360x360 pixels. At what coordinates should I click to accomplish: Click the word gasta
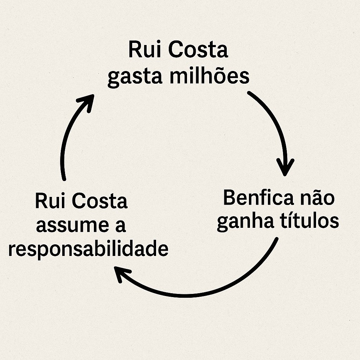135,77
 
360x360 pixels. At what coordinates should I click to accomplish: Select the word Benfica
258,198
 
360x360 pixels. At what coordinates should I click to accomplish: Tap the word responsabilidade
88,250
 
